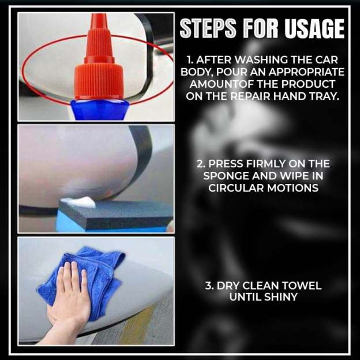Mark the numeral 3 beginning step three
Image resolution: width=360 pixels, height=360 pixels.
[x=209, y=286]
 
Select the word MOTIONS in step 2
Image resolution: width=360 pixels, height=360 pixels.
[x=297, y=188]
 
